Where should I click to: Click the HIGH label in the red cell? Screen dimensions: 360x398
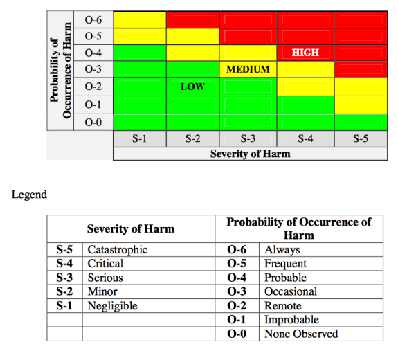[x=305, y=53]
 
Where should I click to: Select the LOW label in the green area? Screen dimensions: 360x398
[x=192, y=87]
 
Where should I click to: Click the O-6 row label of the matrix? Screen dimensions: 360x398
[x=93, y=19]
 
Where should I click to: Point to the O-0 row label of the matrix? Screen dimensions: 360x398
[x=93, y=121]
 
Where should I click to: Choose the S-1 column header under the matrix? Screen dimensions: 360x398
[x=139, y=138]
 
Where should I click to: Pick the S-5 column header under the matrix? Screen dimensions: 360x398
[x=360, y=138]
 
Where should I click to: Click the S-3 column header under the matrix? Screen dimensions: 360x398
[x=248, y=138]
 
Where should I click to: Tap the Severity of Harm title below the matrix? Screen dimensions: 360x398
[x=250, y=154]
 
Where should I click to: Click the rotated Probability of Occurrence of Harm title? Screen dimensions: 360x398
[x=62, y=70]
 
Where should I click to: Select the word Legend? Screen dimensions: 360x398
[x=29, y=195]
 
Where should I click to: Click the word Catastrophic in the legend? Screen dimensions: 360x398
[x=117, y=249]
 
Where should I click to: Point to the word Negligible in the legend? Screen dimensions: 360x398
[x=112, y=305]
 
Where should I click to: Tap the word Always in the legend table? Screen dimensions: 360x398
[x=281, y=249]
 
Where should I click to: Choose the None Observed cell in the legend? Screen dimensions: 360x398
[x=301, y=334]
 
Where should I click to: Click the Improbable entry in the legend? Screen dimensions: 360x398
[x=291, y=320]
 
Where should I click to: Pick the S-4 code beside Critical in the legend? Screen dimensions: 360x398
[x=64, y=263]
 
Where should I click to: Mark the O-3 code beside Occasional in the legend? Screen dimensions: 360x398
[x=242, y=291]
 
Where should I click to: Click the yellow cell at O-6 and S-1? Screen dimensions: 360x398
[x=139, y=19]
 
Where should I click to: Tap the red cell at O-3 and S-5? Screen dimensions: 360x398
[x=360, y=70]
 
